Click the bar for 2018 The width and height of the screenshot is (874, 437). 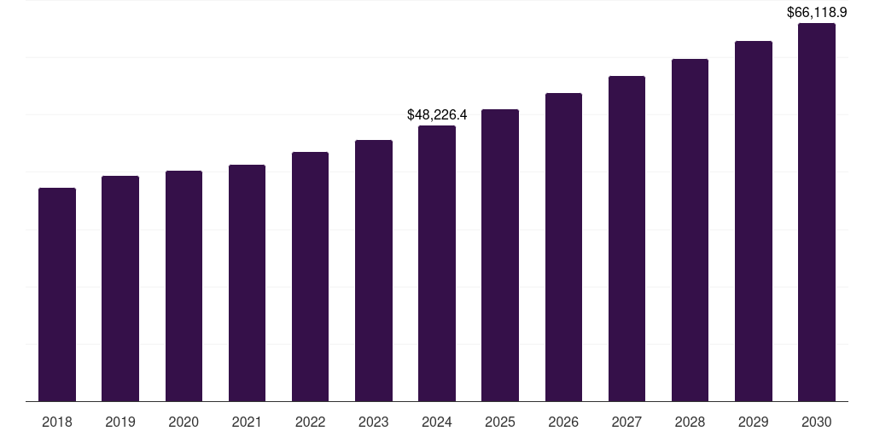(57, 294)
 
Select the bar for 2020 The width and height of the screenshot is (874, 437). (184, 286)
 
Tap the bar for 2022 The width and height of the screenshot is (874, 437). (310, 277)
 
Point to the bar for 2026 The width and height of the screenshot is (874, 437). (563, 247)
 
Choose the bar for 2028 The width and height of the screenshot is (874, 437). (690, 230)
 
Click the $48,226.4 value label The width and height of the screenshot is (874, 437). (437, 114)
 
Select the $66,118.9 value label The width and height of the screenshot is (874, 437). (817, 12)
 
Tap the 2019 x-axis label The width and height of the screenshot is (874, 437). (120, 422)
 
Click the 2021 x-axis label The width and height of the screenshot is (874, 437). (247, 422)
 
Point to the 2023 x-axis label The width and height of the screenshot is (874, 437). (374, 422)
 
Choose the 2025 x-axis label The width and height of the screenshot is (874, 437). (500, 422)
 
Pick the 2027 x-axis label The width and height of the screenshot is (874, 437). (626, 422)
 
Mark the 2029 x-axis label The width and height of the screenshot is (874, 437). (754, 422)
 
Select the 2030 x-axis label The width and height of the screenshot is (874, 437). (817, 422)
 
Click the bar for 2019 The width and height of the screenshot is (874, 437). (120, 288)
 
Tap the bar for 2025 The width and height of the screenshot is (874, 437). (500, 255)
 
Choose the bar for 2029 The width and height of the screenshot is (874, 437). (754, 221)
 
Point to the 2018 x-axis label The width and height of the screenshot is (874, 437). (57, 422)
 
